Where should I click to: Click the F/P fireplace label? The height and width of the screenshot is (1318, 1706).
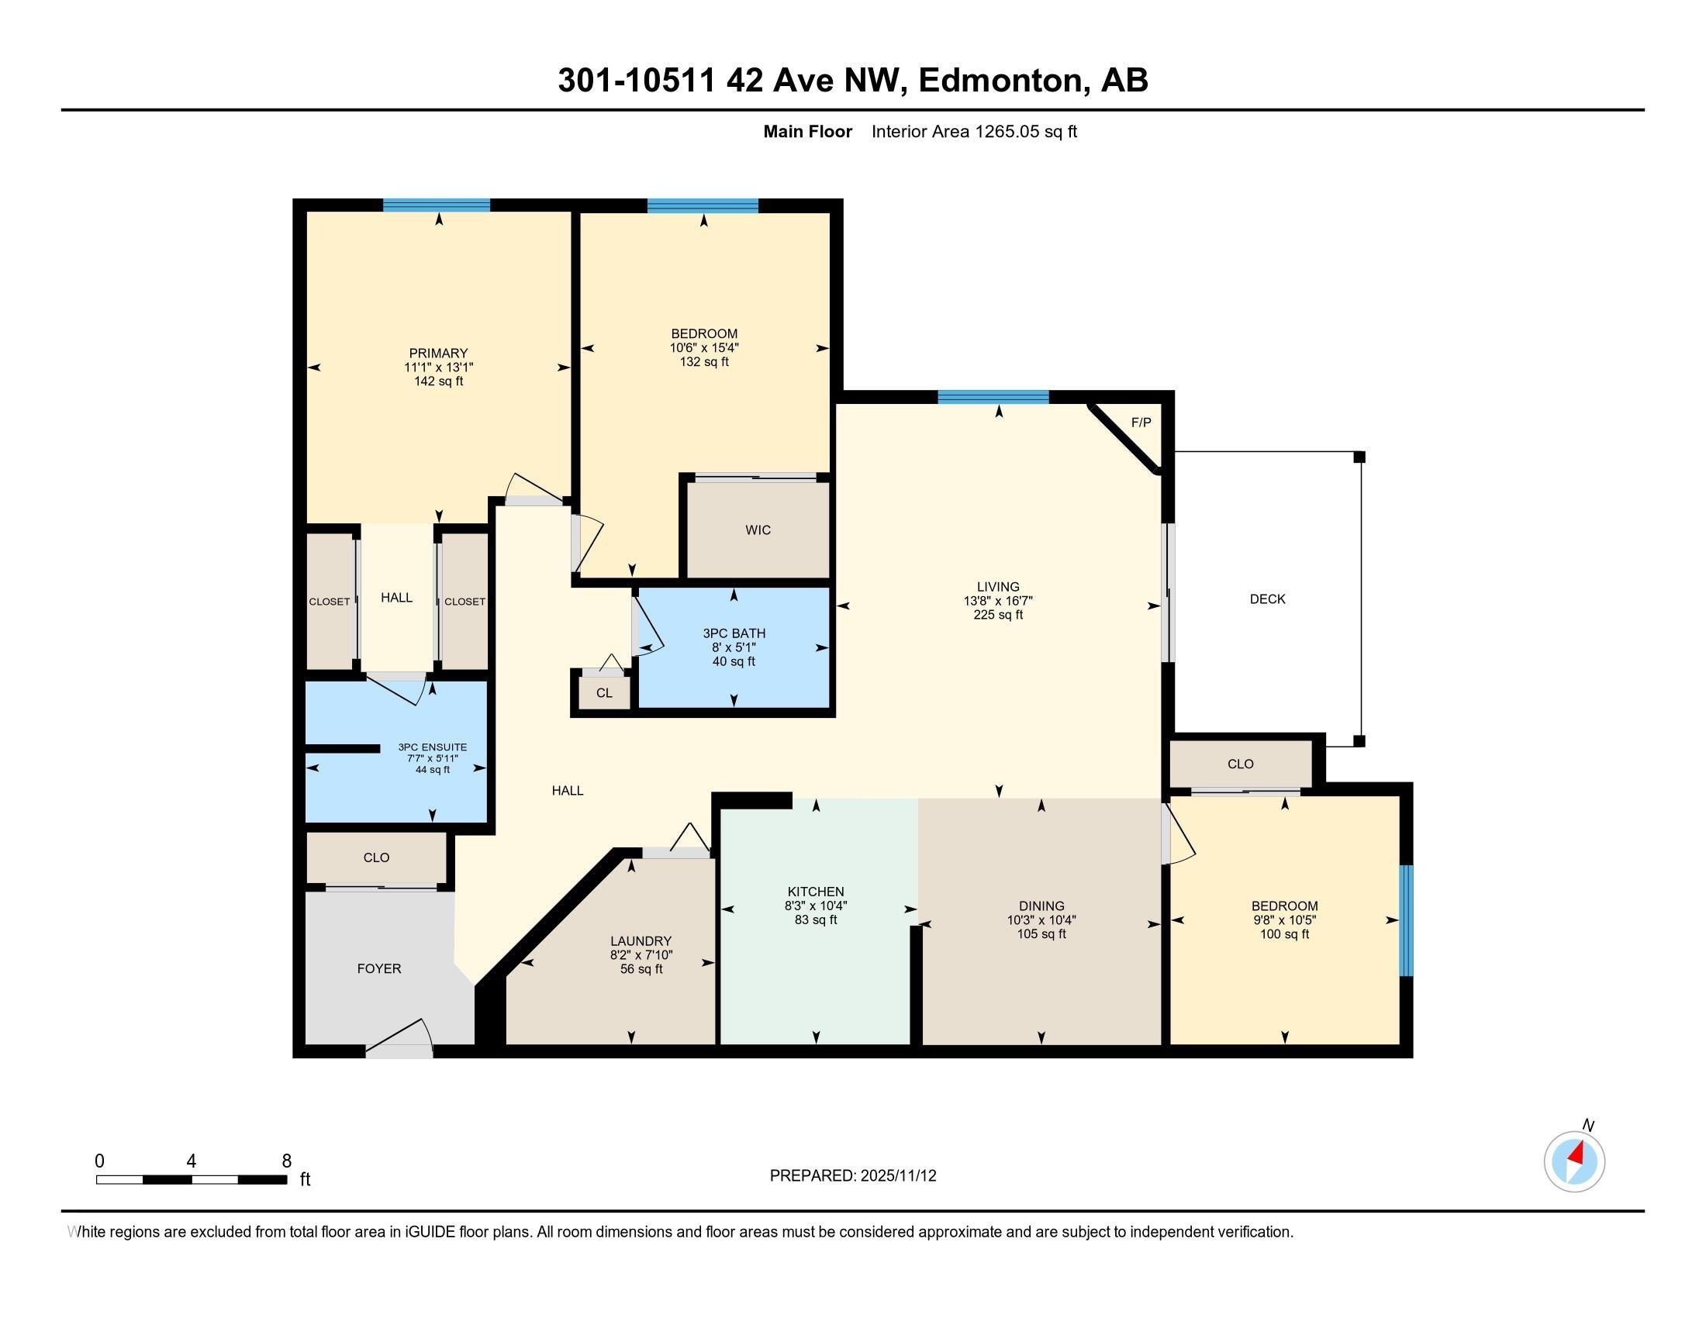(1141, 423)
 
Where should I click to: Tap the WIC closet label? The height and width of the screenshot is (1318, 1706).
(757, 530)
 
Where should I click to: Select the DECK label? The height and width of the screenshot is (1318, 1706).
(1267, 599)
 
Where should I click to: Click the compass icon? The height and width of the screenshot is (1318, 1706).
(1574, 1161)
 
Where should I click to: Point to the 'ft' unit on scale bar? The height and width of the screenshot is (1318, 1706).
(305, 1180)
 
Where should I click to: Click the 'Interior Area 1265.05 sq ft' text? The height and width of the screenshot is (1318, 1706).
(973, 132)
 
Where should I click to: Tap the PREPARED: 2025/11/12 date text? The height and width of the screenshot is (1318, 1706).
(852, 1175)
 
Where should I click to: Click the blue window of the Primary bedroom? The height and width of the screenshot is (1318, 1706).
(436, 205)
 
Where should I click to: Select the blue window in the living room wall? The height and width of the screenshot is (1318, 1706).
(992, 397)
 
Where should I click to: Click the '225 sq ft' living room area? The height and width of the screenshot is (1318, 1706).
(997, 615)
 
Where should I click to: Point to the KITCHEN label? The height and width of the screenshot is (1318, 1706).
(816, 892)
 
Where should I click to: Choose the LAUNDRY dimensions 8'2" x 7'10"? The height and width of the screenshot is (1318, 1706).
(641, 955)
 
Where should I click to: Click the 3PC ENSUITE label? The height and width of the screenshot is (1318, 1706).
(432, 747)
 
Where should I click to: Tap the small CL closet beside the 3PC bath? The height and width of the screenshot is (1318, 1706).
(603, 692)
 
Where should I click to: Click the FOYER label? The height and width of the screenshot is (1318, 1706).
(379, 968)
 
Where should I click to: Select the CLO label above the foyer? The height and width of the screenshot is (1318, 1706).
(376, 857)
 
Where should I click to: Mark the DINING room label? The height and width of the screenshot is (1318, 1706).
(1041, 906)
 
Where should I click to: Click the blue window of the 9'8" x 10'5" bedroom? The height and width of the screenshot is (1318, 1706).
(1405, 919)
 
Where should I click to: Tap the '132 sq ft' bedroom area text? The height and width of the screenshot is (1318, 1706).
(704, 361)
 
